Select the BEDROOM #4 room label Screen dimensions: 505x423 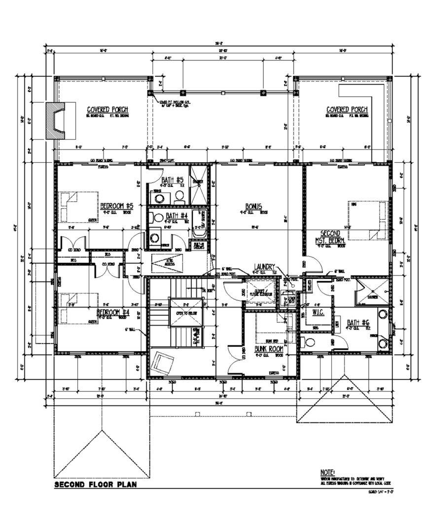[112, 313]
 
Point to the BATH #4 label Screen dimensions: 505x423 [176, 216]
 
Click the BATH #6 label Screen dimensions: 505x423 [358, 323]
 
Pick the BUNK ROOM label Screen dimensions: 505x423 [267, 348]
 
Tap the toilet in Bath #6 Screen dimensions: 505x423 [309, 342]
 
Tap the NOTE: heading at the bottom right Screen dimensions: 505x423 [327, 471]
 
